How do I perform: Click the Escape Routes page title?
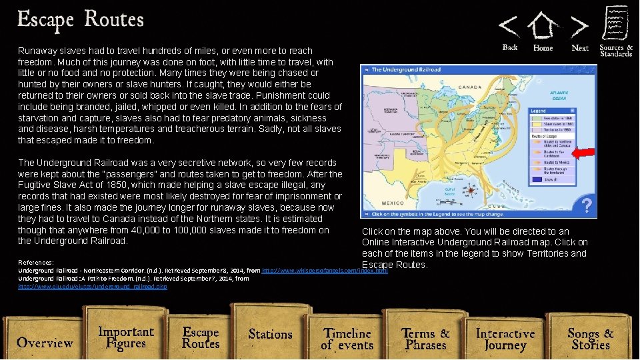[x=81, y=19]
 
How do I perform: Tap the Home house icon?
[x=543, y=27]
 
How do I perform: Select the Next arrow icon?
[x=580, y=27]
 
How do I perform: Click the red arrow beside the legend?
[x=583, y=153]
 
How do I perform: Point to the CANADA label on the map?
[x=469, y=87]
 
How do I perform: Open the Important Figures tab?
[x=126, y=337]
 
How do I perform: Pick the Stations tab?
[x=270, y=334]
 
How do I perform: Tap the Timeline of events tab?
[x=347, y=338]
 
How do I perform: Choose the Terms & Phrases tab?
[x=425, y=338]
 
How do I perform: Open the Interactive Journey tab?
[x=505, y=339]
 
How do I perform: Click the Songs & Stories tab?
[x=590, y=338]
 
